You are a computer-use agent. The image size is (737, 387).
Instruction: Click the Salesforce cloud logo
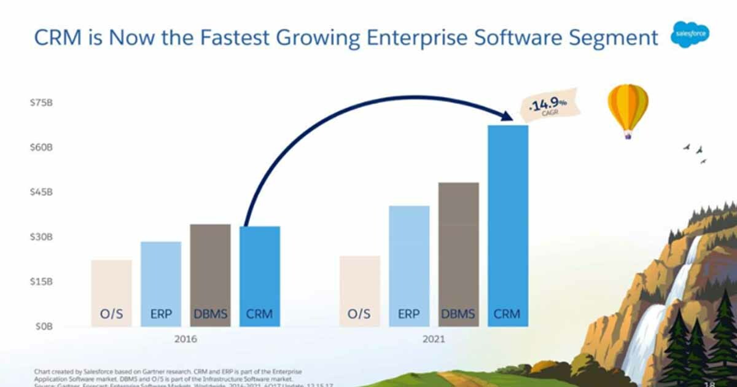(690, 36)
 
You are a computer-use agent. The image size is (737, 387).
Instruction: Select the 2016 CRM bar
(259, 276)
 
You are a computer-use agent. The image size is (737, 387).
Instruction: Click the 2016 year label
(185, 339)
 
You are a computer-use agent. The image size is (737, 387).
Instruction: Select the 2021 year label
(434, 339)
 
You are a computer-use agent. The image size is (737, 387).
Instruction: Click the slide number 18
(709, 383)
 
